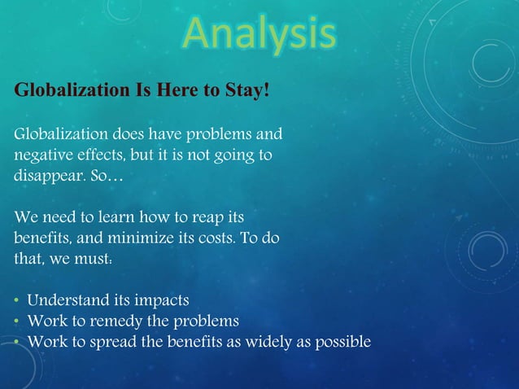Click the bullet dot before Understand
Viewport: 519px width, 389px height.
click(16, 303)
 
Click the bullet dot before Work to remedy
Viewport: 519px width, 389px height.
click(16, 323)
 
